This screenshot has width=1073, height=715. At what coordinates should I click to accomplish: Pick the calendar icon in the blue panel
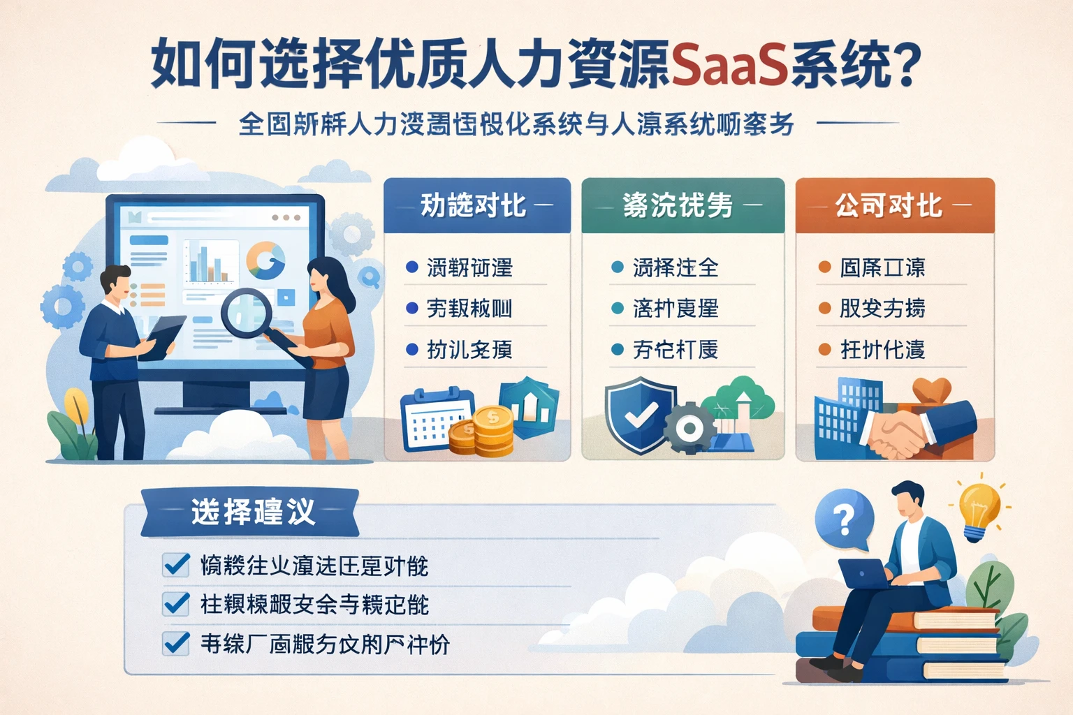(433, 419)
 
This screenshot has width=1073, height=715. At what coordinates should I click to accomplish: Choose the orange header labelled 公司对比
(894, 205)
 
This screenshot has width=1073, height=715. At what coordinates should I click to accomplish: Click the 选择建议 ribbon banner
(251, 512)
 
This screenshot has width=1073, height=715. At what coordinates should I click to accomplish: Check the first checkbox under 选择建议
(176, 564)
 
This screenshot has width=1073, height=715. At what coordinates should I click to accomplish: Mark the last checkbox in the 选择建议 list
(176, 643)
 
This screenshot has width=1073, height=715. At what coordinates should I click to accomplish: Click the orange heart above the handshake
(931, 390)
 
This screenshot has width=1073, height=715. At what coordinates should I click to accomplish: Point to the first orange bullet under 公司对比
(824, 267)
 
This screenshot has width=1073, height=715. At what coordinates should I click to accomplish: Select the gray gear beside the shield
(689, 428)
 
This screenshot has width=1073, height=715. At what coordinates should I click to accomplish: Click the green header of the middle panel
(683, 205)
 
